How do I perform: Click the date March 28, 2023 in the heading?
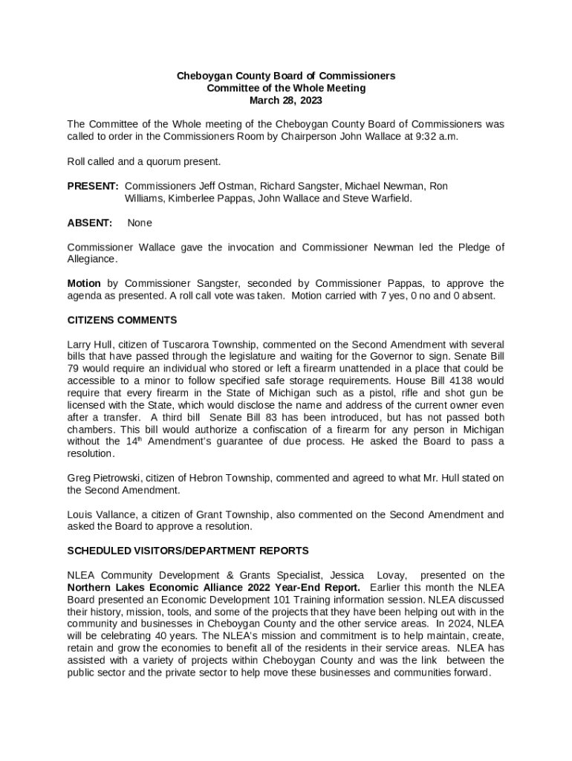pos(285,100)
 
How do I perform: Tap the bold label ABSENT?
pos(90,222)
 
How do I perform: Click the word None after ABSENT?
pos(140,222)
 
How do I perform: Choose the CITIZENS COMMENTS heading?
pos(122,320)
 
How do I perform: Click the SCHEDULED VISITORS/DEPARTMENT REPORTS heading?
pos(188,551)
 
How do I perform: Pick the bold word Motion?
pos(84,283)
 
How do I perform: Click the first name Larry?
pos(79,345)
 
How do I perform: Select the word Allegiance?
pos(91,259)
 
